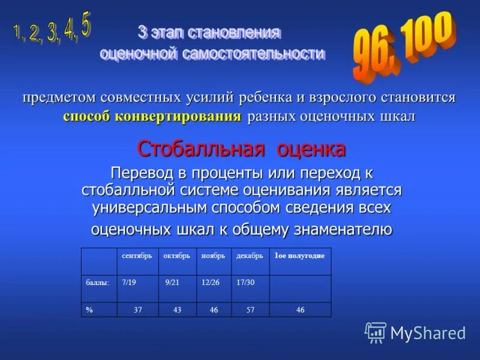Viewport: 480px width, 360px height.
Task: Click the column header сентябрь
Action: [x=137, y=256]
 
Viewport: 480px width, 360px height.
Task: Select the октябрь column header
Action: [x=177, y=256]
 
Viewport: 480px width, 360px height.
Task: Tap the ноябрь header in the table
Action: [x=213, y=256]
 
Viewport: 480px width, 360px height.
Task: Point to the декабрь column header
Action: [x=250, y=256]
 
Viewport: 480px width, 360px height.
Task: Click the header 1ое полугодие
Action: [x=299, y=256]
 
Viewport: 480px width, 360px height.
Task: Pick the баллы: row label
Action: [x=96, y=282]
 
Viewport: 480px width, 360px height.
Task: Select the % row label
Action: [x=89, y=310]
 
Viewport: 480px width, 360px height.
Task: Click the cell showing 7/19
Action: [x=129, y=282]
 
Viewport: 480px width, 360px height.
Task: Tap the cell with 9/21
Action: [x=173, y=282]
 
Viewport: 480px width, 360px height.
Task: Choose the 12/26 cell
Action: [x=211, y=282]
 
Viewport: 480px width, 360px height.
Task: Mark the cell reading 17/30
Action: [x=246, y=282]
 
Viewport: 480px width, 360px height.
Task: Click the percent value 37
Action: [x=137, y=310]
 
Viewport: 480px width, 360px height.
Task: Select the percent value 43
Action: [x=177, y=310]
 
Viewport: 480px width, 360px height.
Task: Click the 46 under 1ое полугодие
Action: [x=300, y=310]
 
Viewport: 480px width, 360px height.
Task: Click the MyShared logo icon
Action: [x=376, y=332]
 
